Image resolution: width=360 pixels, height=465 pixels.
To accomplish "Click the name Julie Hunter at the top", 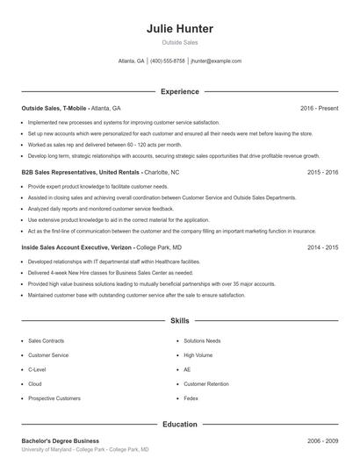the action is tap(180, 29).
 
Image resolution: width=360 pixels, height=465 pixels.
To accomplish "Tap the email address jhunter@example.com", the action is tap(216, 61).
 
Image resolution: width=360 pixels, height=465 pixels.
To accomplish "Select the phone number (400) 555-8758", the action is tap(168, 61).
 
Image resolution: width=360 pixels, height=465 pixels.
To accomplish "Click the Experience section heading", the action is tap(180, 91).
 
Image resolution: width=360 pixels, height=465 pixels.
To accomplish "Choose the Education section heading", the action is tap(180, 424).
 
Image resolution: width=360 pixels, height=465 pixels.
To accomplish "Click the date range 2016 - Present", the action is tap(320, 108).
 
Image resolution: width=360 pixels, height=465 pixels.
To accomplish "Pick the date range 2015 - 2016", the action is tap(323, 173).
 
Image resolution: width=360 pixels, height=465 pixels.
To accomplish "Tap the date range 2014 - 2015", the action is tap(323, 247).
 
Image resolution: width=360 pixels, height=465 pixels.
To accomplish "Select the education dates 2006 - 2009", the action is tap(323, 440).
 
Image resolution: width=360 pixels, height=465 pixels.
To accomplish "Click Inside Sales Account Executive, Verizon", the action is tap(77, 247).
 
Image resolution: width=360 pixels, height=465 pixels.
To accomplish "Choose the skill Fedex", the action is tap(191, 398).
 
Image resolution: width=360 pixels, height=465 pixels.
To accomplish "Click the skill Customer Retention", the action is tap(206, 384).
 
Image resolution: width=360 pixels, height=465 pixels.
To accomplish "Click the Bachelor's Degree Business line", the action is tap(61, 440).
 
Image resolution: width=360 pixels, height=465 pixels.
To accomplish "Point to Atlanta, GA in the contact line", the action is tap(132, 61).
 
